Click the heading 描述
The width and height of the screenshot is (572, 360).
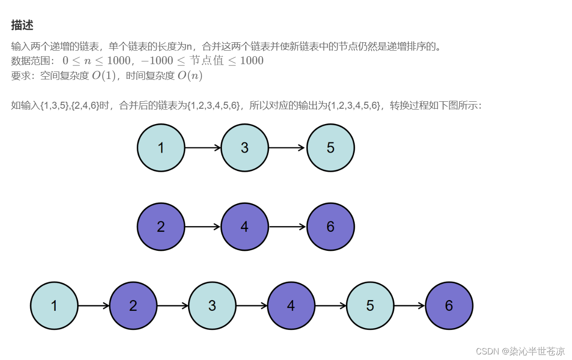pos(22,26)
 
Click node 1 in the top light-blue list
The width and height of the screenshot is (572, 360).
pos(161,148)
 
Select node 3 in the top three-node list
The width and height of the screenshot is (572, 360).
pos(245,148)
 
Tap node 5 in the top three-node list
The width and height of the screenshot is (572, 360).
pos(331,148)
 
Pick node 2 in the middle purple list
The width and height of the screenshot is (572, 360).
pos(161,227)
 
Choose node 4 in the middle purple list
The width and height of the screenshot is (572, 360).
pos(245,227)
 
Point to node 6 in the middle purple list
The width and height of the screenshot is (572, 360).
pos(331,227)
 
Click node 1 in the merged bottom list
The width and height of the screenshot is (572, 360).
pos(54,306)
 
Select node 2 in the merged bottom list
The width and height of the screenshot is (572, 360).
pos(133,306)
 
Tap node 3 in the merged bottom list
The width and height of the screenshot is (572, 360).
pos(212,306)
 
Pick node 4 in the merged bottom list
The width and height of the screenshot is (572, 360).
pos(291,306)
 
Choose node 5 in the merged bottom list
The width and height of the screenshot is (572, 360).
pos(370,306)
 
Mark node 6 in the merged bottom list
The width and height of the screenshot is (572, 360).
pos(449,306)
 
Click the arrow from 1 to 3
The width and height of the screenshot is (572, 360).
pos(203,148)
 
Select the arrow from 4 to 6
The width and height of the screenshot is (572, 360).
pos(287,227)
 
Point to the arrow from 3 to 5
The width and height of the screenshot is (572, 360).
pos(287,148)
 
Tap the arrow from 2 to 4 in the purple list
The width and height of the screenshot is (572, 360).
pos(203,227)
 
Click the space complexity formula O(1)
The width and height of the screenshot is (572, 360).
pos(103,76)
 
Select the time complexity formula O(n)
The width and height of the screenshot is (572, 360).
pos(190,76)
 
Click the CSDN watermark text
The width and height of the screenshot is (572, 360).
pos(520,351)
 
